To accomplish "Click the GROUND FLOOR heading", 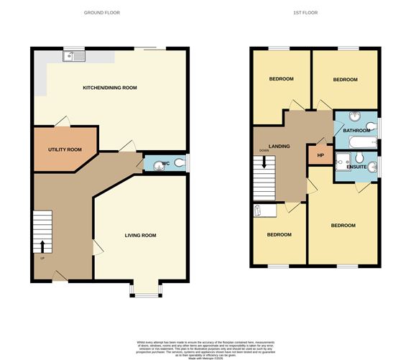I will (x=101, y=13).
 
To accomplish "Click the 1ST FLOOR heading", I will (x=305, y=13).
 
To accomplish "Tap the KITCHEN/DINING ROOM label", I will (x=109, y=88).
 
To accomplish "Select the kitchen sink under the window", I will (x=73, y=55).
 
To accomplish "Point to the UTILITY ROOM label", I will (x=65, y=149).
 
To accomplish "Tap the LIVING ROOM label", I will (x=140, y=235).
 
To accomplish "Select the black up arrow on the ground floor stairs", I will (x=41, y=247).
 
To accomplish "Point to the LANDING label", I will (x=279, y=147).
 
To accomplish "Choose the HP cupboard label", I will (x=320, y=155).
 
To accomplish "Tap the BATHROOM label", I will (x=355, y=131).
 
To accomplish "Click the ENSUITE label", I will (x=357, y=167).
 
